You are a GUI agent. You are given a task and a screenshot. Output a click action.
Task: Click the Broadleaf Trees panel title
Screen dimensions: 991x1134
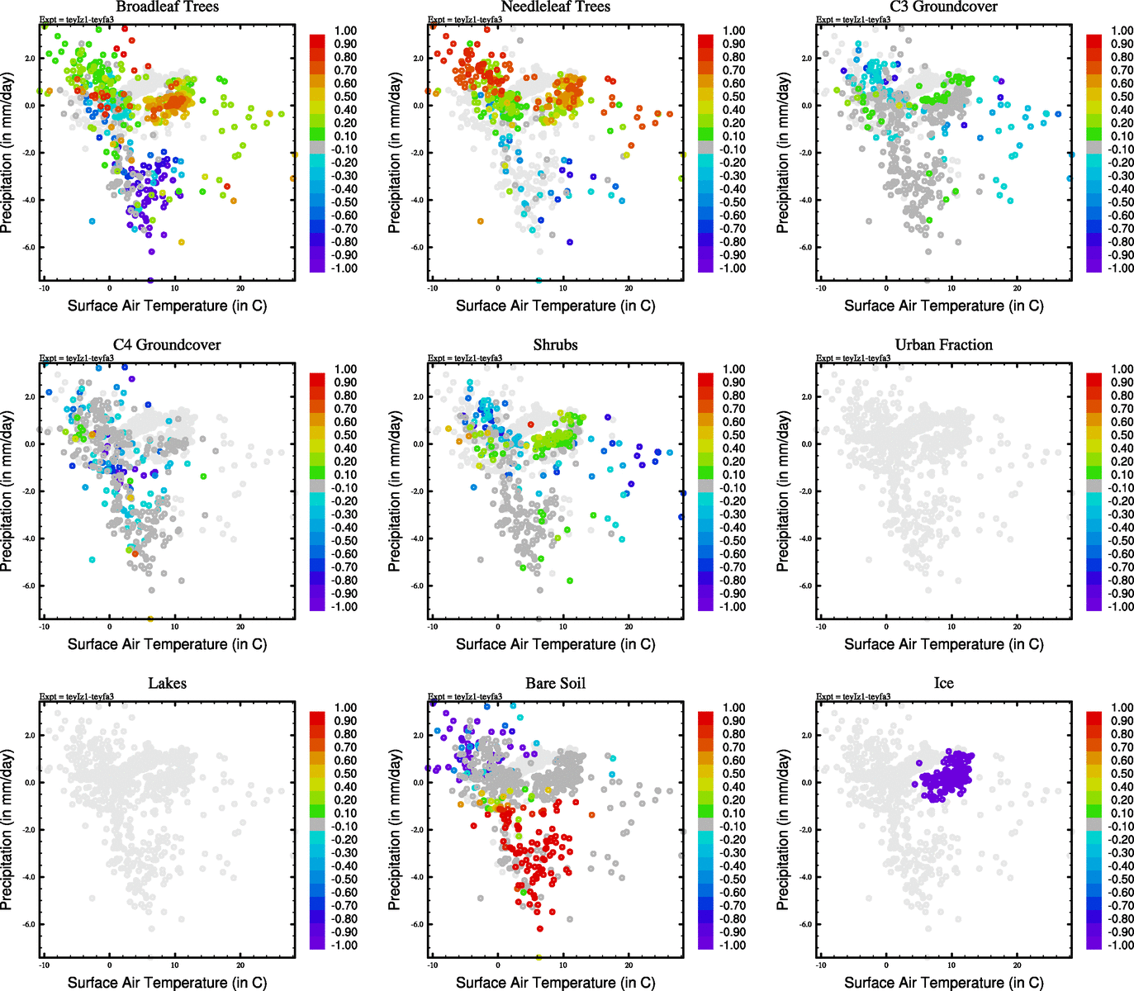click(x=167, y=7)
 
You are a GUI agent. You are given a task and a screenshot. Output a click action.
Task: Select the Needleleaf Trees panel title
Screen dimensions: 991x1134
click(x=555, y=7)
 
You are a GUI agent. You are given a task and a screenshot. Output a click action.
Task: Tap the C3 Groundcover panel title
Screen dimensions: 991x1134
click(x=943, y=7)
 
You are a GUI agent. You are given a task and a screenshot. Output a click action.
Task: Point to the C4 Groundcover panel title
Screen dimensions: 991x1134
click(x=167, y=345)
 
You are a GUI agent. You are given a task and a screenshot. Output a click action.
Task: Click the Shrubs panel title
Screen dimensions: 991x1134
click(x=555, y=345)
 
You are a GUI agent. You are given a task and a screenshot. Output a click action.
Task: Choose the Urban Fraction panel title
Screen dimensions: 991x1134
click(x=943, y=345)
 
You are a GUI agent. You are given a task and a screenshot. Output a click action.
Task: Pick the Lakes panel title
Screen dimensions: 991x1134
click(x=167, y=684)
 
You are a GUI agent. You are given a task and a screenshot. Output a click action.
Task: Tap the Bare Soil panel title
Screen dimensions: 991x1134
click(x=555, y=684)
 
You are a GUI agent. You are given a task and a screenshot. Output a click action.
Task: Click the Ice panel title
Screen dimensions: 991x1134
click(x=943, y=684)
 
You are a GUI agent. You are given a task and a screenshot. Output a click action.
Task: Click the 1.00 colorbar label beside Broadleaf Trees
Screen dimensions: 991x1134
click(x=345, y=31)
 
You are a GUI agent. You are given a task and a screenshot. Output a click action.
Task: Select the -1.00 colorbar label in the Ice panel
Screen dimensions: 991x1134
click(x=1120, y=945)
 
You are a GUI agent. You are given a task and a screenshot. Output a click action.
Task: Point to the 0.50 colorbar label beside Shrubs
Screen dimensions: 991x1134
click(x=733, y=435)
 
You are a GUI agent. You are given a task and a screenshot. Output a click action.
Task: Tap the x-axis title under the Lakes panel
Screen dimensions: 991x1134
click(x=167, y=982)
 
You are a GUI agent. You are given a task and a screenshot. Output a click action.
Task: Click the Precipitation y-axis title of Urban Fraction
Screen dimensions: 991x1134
click(x=783, y=491)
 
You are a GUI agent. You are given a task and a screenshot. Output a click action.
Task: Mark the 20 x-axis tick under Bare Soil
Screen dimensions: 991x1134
click(x=629, y=965)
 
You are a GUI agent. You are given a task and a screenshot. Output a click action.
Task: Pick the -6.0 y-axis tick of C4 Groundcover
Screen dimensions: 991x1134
click(x=25, y=586)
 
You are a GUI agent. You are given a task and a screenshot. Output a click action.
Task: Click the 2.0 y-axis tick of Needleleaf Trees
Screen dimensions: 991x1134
click(x=418, y=59)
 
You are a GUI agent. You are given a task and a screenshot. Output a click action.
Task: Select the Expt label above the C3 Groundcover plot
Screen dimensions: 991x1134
click(x=853, y=19)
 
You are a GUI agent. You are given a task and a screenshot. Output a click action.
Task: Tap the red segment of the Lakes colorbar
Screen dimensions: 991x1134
click(x=317, y=714)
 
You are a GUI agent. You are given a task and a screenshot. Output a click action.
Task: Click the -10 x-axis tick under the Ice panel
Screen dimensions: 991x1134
click(x=821, y=965)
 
